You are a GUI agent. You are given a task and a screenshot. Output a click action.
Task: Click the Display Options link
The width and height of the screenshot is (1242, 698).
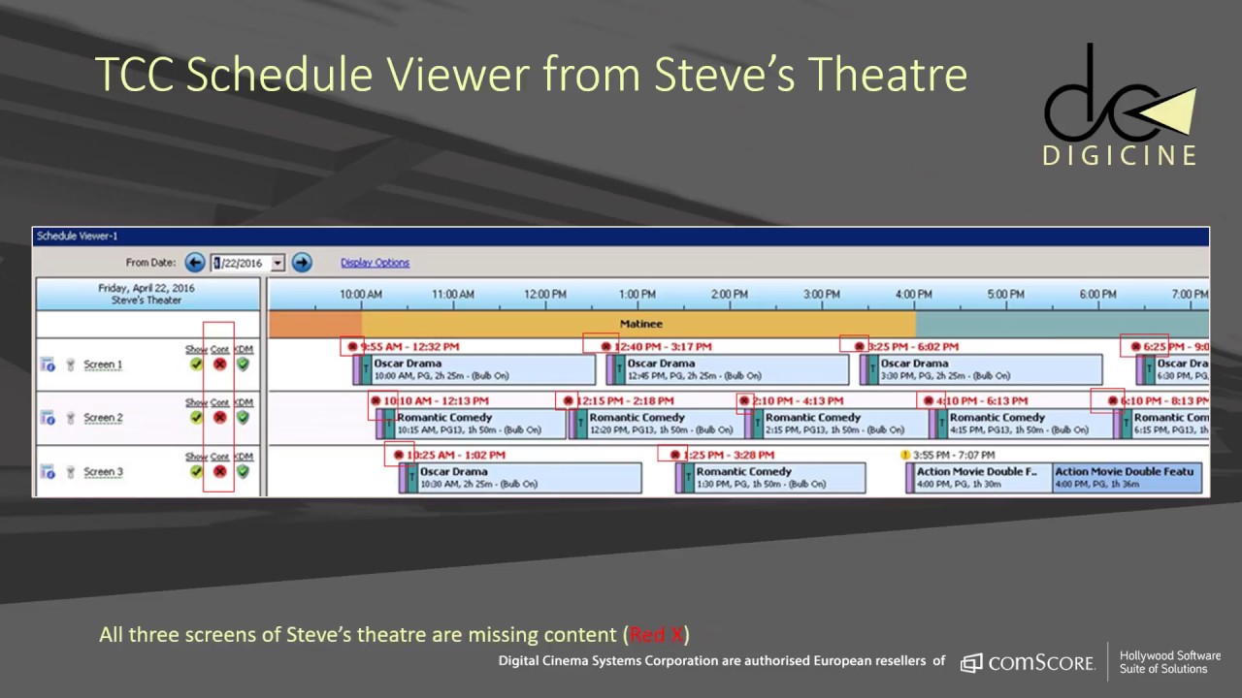click(375, 263)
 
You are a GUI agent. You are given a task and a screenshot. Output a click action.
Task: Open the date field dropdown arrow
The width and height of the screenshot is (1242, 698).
click(278, 263)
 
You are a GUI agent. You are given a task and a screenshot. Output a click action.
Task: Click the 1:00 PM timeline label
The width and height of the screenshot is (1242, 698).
click(637, 294)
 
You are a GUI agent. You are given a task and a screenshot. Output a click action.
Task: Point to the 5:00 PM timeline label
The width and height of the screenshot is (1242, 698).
click(1005, 294)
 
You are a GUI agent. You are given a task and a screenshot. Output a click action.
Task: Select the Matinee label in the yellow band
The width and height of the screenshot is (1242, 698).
click(640, 324)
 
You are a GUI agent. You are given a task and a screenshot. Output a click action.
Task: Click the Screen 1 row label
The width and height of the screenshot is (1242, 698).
click(103, 365)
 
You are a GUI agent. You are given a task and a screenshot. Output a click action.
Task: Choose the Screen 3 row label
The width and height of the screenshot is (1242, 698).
click(103, 472)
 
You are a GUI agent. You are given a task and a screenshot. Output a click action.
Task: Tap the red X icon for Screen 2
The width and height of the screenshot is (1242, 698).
click(219, 418)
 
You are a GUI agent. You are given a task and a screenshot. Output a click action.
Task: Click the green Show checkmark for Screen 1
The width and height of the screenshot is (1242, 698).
click(196, 365)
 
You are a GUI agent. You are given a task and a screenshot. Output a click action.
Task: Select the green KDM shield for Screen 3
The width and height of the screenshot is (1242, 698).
click(243, 471)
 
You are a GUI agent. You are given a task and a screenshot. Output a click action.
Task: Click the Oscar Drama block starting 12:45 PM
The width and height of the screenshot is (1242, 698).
click(733, 369)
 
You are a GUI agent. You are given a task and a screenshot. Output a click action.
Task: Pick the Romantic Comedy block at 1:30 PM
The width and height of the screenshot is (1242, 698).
click(776, 477)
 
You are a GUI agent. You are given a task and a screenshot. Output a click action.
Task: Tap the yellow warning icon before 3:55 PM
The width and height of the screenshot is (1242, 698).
click(905, 455)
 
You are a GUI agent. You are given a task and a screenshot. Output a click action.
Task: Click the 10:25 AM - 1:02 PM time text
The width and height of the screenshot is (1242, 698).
click(456, 455)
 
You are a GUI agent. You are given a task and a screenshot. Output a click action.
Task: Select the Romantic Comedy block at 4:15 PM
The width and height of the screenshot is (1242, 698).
click(1029, 424)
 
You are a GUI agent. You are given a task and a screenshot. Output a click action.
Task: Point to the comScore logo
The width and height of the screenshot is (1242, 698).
click(1029, 663)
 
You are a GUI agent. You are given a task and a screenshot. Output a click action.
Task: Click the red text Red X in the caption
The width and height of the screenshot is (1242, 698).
click(656, 635)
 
